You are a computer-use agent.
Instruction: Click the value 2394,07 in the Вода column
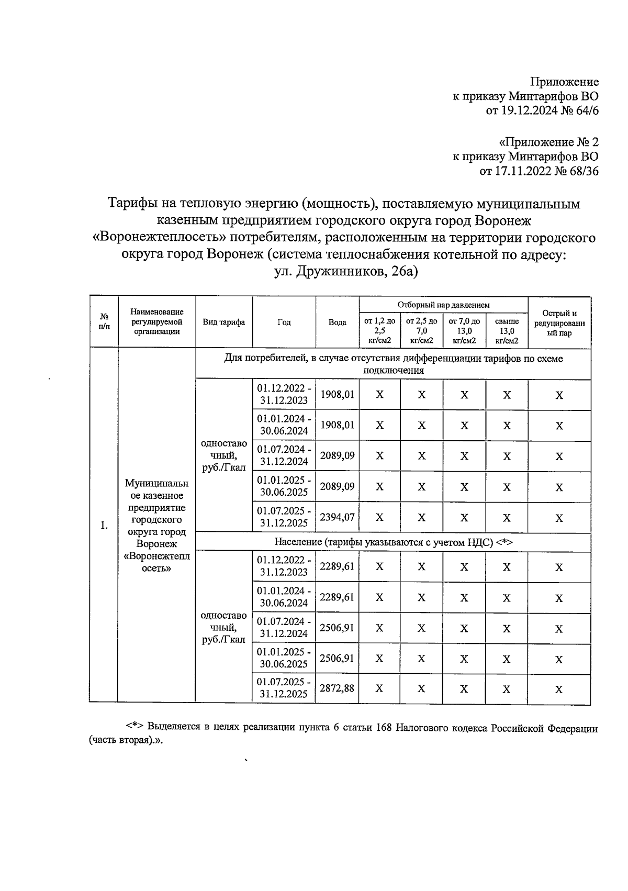coord(337,517)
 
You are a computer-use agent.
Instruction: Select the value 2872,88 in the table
coord(337,688)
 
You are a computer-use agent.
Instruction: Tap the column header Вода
coord(337,322)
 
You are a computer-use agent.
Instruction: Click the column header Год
coord(284,322)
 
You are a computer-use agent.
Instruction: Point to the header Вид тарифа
coord(224,322)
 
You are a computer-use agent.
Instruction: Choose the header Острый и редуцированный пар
coord(559,322)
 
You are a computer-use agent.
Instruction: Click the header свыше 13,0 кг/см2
coord(507,331)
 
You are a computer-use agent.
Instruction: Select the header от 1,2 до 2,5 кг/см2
coord(379,331)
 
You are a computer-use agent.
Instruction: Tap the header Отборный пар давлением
coord(443,305)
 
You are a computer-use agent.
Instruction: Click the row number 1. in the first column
coord(104,525)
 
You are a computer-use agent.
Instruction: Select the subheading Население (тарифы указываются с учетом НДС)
coord(392,542)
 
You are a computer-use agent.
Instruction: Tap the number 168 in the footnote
coord(385,729)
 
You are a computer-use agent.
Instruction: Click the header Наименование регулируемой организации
coord(157,322)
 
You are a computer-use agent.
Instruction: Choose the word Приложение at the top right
coord(564,82)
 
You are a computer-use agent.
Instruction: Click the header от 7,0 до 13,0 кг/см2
coord(464,331)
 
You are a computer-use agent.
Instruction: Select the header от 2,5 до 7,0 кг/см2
coord(421,331)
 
